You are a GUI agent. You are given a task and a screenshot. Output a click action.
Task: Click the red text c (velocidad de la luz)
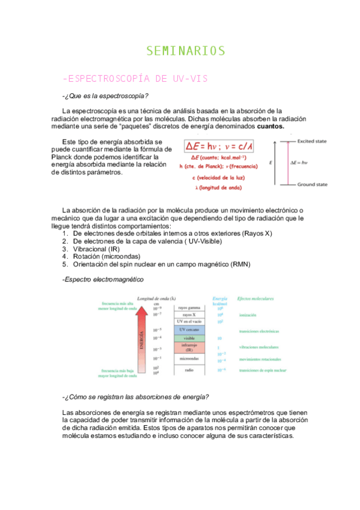[x=218, y=178]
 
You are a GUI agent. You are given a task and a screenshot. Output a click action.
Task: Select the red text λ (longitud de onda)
[x=218, y=188]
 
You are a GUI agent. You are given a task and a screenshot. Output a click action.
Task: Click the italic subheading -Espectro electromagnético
[x=103, y=280]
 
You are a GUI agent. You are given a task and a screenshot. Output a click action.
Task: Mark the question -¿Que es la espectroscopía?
[x=105, y=97]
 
